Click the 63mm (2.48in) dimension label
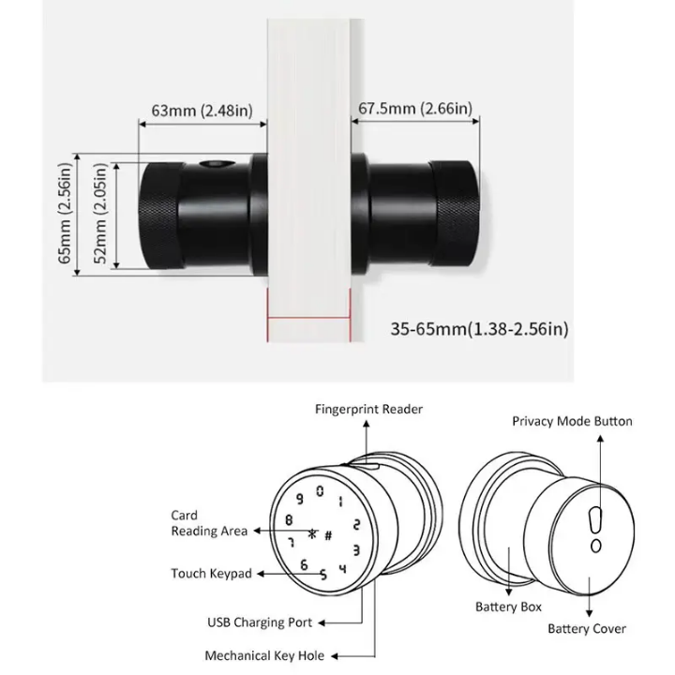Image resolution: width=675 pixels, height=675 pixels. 202,112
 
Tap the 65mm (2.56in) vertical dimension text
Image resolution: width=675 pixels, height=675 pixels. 65,214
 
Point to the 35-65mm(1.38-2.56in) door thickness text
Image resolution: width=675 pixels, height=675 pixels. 479,329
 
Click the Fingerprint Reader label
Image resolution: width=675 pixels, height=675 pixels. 368,409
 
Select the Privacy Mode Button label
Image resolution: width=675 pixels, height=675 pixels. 572,421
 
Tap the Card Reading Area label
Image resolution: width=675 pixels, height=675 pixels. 208,523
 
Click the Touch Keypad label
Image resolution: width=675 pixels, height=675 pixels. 211,573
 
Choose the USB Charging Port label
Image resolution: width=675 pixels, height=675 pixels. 260,622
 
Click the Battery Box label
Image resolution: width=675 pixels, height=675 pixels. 508,607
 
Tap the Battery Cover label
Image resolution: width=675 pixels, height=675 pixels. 587,628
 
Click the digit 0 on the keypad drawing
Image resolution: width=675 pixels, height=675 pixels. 321,490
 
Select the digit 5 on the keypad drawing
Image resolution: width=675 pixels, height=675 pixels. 323,576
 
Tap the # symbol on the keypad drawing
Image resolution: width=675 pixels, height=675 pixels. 328,535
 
